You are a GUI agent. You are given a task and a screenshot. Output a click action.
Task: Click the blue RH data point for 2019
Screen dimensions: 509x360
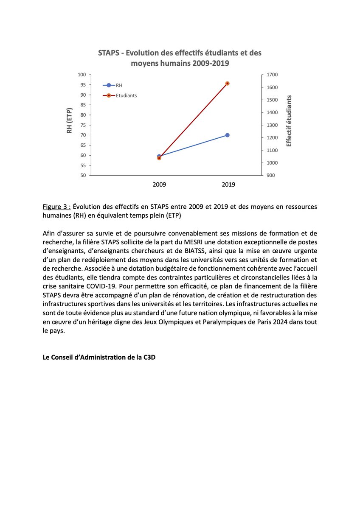point(228,135)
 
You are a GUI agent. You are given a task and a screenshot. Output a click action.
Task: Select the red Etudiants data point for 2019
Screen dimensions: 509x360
point(228,84)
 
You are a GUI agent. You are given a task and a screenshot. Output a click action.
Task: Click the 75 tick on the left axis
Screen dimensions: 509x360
point(83,125)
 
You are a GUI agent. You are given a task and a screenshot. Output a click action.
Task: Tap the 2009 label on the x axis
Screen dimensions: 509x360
point(159,185)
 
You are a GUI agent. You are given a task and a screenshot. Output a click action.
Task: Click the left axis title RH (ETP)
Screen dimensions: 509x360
point(69,120)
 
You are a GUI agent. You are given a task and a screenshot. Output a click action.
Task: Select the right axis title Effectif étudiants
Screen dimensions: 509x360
point(289,121)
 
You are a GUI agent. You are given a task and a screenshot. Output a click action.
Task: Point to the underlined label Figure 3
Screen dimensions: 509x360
point(56,207)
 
